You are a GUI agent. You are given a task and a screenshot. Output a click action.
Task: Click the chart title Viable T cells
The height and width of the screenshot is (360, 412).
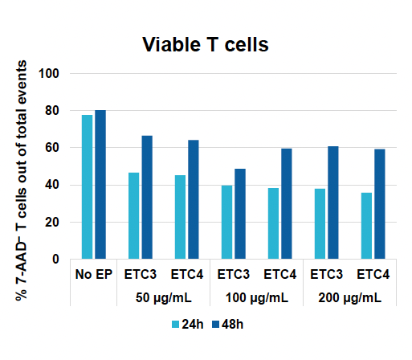pyautogui.click(x=206, y=45)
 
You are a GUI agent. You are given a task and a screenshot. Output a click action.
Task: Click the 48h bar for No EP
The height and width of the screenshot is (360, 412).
pyautogui.click(x=100, y=185)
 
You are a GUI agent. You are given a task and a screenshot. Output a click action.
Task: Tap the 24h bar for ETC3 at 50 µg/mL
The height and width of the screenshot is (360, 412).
pyautogui.click(x=133, y=216)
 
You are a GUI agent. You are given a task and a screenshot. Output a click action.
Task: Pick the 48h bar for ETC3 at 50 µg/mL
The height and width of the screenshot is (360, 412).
pyautogui.click(x=147, y=198)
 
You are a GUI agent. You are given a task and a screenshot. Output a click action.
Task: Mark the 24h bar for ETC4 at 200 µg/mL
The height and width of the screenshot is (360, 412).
pyautogui.click(x=366, y=226)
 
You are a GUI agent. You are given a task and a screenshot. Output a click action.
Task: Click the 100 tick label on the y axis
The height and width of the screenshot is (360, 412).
pyautogui.click(x=59, y=74)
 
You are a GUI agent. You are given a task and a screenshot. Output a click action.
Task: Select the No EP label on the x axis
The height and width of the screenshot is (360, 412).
pyautogui.click(x=93, y=275)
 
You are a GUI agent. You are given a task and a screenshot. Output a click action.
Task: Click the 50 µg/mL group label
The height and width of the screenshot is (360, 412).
pyautogui.click(x=163, y=297)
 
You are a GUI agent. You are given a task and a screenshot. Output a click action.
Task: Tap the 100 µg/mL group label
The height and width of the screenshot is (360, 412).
pyautogui.click(x=256, y=297)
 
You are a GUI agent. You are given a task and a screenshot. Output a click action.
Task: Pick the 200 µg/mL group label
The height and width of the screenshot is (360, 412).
pyautogui.click(x=349, y=297)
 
